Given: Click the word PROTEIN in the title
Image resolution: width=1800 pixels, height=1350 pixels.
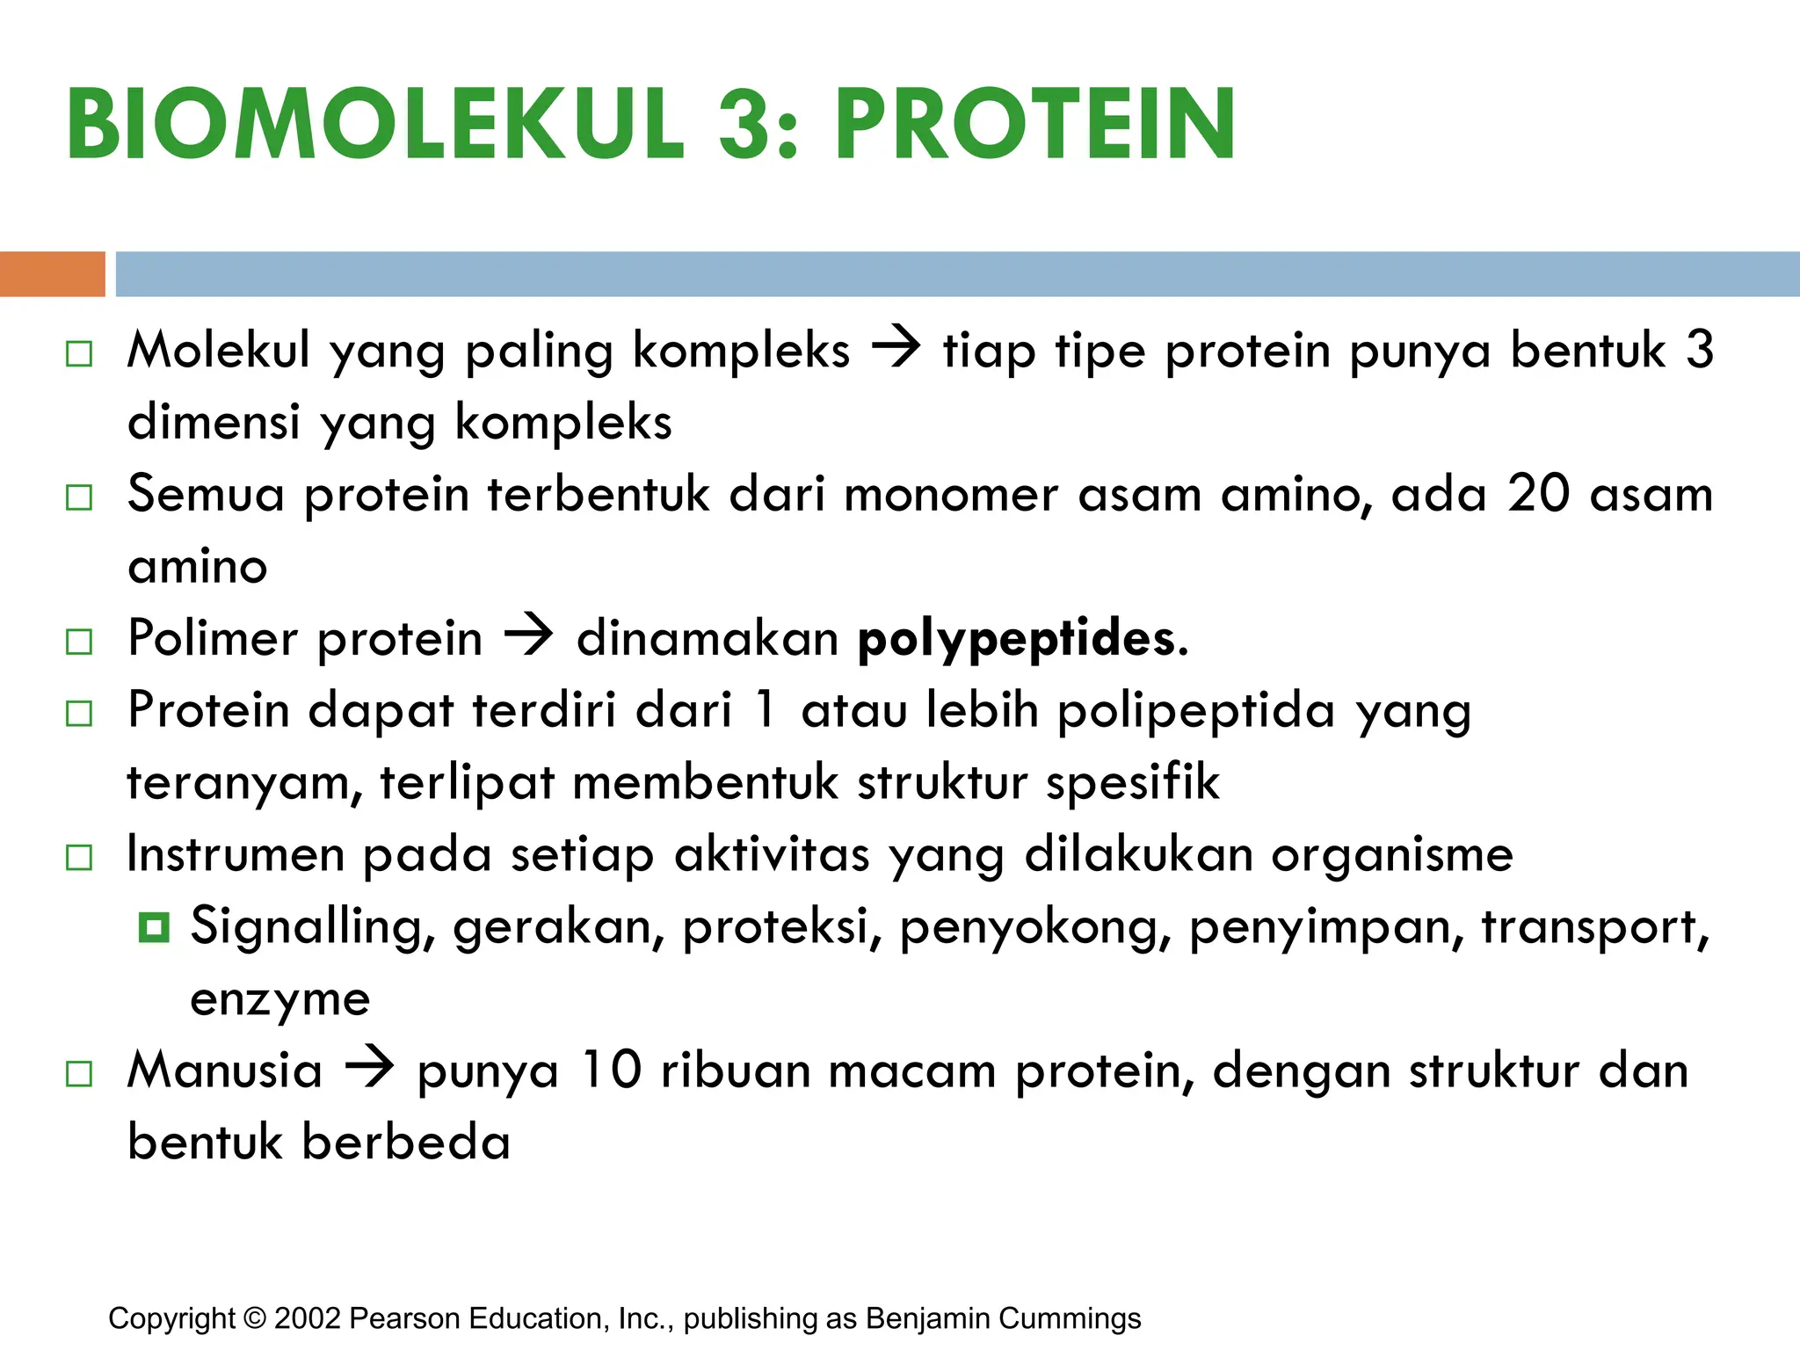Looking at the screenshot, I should click(1035, 125).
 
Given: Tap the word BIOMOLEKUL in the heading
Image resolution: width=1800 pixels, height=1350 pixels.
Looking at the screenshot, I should click(374, 125).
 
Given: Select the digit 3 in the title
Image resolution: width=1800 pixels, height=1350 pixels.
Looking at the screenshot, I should click(744, 125).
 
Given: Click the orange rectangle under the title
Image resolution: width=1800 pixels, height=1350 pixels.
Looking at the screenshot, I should click(52, 274).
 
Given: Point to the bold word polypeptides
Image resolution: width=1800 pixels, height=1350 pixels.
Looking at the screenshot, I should click(1022, 640).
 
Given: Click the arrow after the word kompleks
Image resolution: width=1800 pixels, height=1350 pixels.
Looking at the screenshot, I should click(896, 348).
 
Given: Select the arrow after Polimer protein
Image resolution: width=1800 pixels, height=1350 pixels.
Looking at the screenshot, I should click(529, 635).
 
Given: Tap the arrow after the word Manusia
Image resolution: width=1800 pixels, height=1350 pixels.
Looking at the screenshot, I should click(369, 1068).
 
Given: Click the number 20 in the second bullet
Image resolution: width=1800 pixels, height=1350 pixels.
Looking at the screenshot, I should click(1538, 493).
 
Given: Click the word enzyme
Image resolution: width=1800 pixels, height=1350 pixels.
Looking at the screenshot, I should click(280, 999).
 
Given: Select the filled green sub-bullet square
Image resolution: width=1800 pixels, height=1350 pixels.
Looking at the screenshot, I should click(154, 927).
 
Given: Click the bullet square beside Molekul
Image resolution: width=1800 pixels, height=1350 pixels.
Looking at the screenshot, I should click(79, 354).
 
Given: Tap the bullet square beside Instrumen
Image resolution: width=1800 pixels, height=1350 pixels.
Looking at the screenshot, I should click(79, 857).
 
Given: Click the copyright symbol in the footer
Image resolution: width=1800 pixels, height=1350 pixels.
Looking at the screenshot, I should click(255, 1318).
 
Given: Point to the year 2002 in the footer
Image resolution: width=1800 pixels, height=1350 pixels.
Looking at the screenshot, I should click(307, 1318).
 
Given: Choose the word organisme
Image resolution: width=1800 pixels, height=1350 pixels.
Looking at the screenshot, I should click(1392, 854).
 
